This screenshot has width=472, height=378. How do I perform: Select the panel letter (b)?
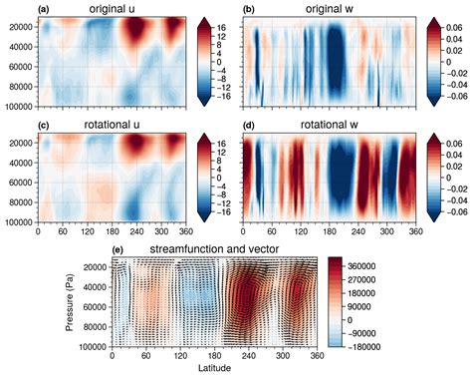click(251, 9)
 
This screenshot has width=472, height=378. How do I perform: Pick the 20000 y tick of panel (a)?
click(19, 27)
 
